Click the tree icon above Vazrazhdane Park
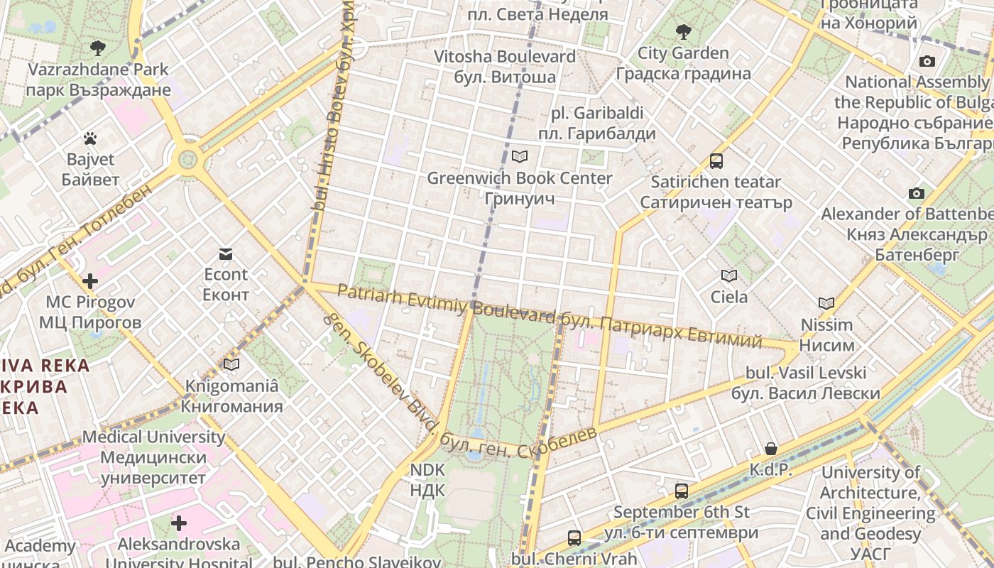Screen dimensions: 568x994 98,48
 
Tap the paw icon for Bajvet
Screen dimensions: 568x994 90,138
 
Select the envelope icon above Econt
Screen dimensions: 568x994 226,254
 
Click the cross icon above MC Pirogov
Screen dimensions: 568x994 90,281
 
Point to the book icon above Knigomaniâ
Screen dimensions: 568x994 231,365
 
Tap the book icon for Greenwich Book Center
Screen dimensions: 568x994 520,156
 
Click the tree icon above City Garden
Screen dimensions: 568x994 683,31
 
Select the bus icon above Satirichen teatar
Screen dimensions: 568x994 716,161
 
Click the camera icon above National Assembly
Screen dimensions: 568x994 927,62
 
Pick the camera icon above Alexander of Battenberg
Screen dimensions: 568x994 917,193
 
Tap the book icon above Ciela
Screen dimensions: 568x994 729,275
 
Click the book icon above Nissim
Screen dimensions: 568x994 826,304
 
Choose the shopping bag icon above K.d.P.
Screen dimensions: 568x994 771,449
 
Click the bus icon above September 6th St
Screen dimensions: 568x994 682,491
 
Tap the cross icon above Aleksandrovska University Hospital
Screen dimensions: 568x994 179,524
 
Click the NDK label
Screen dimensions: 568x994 427,479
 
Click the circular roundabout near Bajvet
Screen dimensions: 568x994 188,158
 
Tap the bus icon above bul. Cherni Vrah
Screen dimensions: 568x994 574,537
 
